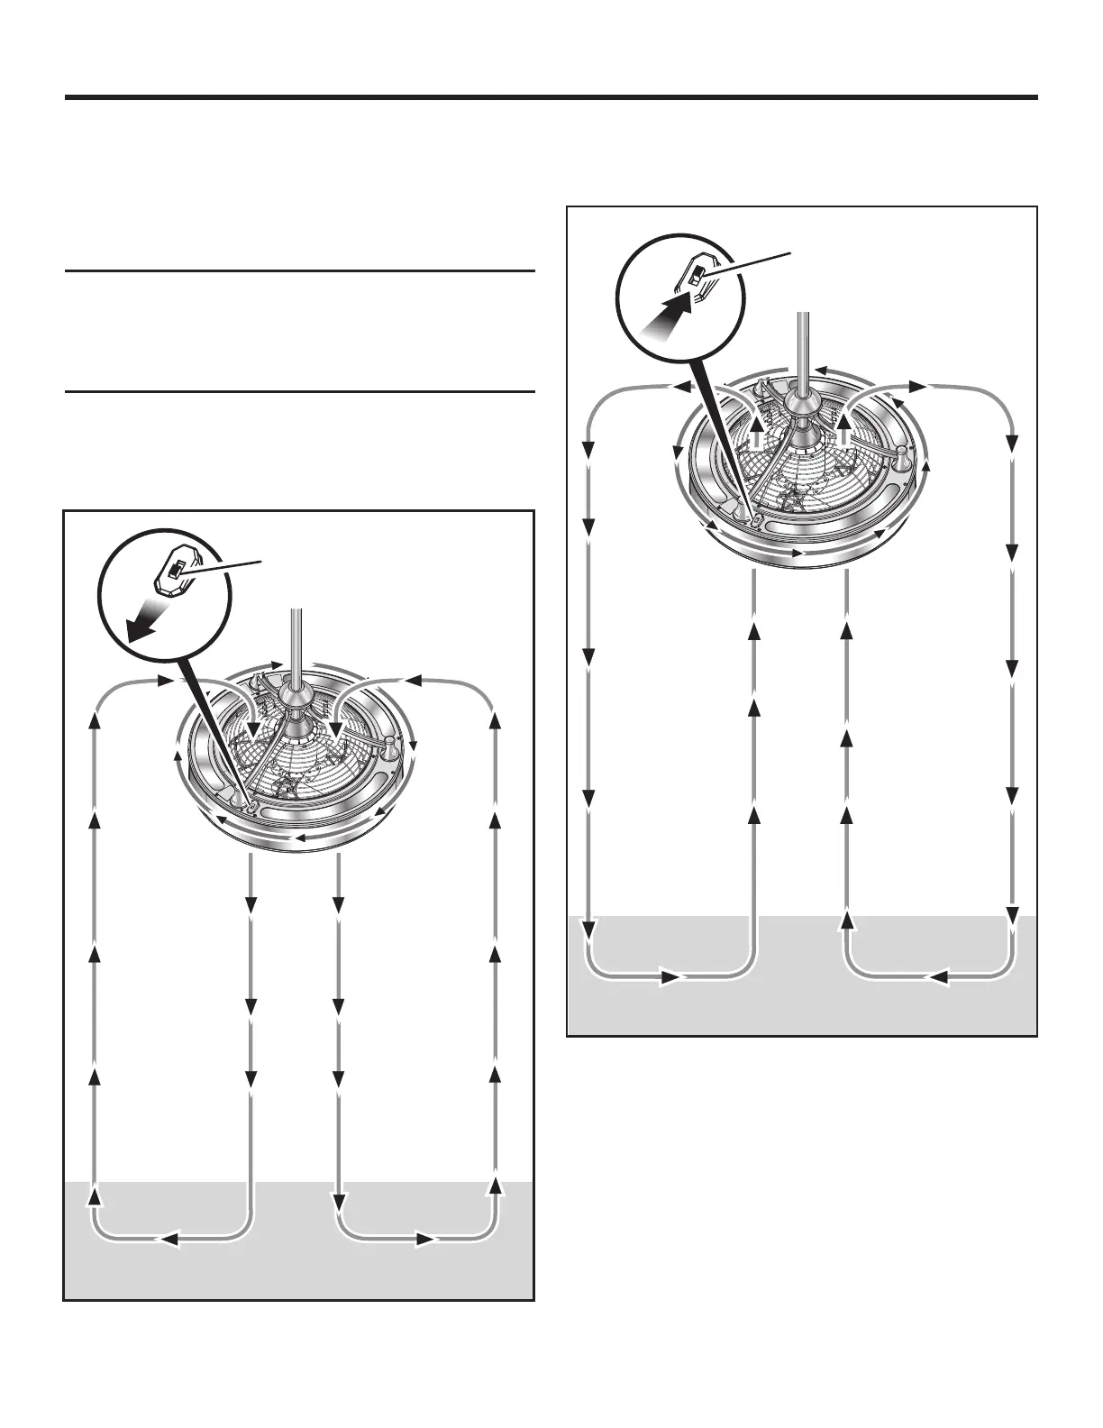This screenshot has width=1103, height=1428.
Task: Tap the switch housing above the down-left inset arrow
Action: pos(175,572)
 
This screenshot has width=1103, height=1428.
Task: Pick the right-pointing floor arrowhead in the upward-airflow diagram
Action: pos(670,976)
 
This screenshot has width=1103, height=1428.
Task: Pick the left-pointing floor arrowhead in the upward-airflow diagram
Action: pos(937,976)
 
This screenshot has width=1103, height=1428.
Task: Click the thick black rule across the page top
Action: pos(551,97)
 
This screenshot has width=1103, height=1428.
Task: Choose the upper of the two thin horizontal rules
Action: pos(300,270)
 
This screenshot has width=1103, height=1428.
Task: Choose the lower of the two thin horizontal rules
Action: pos(300,391)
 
